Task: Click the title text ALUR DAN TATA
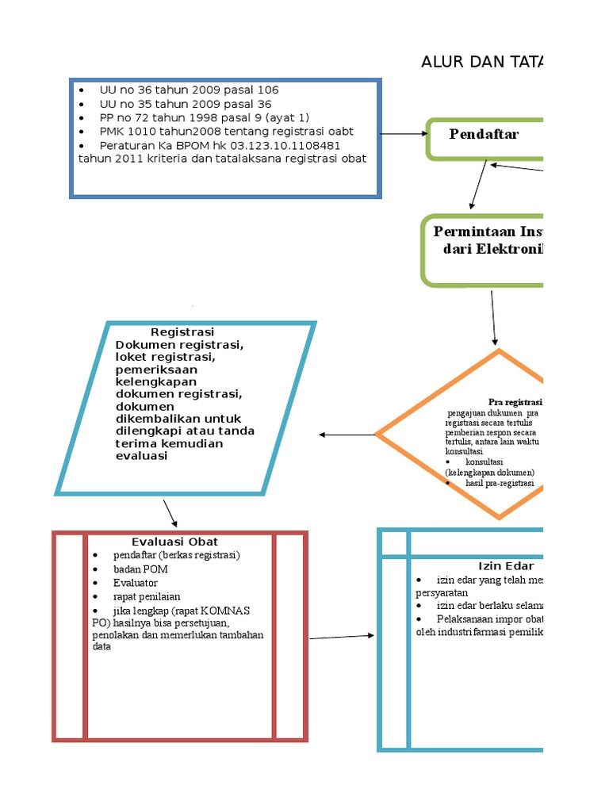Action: tap(481, 63)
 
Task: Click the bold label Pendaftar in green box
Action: tap(484, 134)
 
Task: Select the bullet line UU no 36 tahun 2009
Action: tap(189, 90)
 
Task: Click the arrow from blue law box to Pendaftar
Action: tap(403, 134)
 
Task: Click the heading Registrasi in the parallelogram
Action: tap(182, 331)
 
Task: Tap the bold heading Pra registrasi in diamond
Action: tap(515, 402)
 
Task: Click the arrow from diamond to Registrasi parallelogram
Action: tap(347, 435)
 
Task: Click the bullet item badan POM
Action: tap(140, 569)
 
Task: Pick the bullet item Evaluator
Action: tap(136, 583)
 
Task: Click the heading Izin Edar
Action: tap(505, 566)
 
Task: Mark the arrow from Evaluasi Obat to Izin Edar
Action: tap(341, 637)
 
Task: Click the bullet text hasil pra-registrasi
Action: tap(500, 483)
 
